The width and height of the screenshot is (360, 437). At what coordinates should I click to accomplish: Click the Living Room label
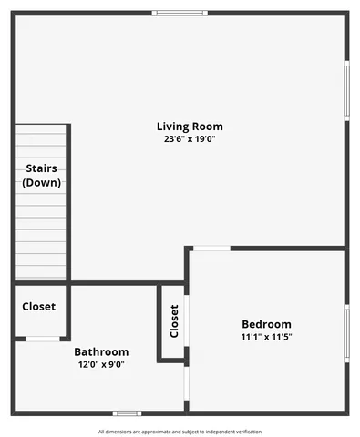pyautogui.click(x=190, y=127)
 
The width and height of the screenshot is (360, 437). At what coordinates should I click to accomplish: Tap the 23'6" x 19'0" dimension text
pyautogui.click(x=190, y=139)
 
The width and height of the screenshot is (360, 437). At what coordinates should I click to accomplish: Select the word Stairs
pyautogui.click(x=41, y=168)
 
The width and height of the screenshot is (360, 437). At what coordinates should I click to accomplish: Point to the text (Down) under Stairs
pyautogui.click(x=41, y=182)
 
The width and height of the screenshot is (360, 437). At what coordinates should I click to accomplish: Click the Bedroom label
pyautogui.click(x=266, y=324)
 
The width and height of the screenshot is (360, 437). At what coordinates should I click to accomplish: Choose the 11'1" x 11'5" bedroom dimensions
pyautogui.click(x=266, y=337)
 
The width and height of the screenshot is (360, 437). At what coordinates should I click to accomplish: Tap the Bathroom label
pyautogui.click(x=101, y=351)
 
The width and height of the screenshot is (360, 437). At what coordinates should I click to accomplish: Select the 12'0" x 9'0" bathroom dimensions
pyautogui.click(x=101, y=364)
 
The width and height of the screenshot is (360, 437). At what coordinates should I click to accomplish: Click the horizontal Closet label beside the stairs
pyautogui.click(x=38, y=307)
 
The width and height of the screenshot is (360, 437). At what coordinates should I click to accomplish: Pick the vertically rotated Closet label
pyautogui.click(x=174, y=320)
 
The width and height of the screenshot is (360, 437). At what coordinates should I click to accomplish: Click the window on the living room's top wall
pyautogui.click(x=180, y=13)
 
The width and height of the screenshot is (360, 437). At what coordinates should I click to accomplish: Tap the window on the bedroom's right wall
pyautogui.click(x=345, y=334)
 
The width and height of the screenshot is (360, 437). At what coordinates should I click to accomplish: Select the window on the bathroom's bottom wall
pyautogui.click(x=127, y=413)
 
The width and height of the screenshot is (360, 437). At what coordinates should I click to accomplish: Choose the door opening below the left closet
pyautogui.click(x=41, y=339)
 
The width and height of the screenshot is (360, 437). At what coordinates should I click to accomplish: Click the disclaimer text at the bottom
pyautogui.click(x=180, y=432)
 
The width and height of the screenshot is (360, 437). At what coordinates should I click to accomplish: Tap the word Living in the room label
pyautogui.click(x=171, y=127)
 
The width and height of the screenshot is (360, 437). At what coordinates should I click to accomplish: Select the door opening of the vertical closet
pyautogui.click(x=187, y=320)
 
